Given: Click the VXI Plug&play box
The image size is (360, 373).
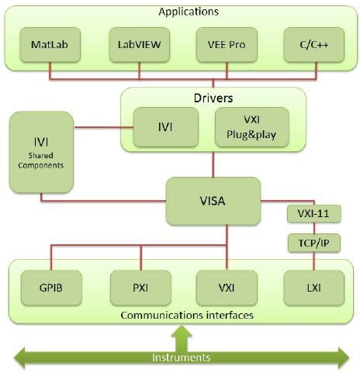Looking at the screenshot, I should (x=250, y=127).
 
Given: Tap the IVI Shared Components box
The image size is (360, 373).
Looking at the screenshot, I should (x=40, y=152).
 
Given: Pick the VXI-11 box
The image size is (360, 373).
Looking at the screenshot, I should (x=309, y=212).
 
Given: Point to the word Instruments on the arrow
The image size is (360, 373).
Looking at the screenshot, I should (x=181, y=357).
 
